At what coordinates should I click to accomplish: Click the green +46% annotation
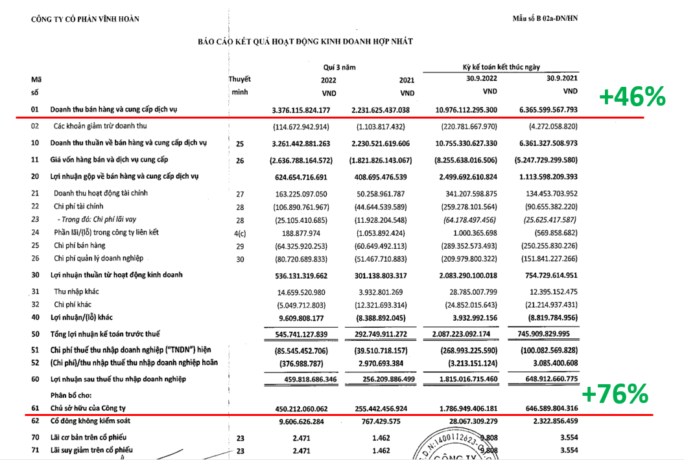[x=632, y=97]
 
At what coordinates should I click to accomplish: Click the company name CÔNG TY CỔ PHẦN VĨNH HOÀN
[x=85, y=19]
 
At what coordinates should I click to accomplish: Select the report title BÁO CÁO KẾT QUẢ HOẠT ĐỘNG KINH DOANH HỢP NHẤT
[x=305, y=41]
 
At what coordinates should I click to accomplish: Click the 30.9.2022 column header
[x=479, y=78]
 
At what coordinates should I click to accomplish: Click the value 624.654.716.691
[x=300, y=176]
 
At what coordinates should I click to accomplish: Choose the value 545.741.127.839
[x=299, y=334]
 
